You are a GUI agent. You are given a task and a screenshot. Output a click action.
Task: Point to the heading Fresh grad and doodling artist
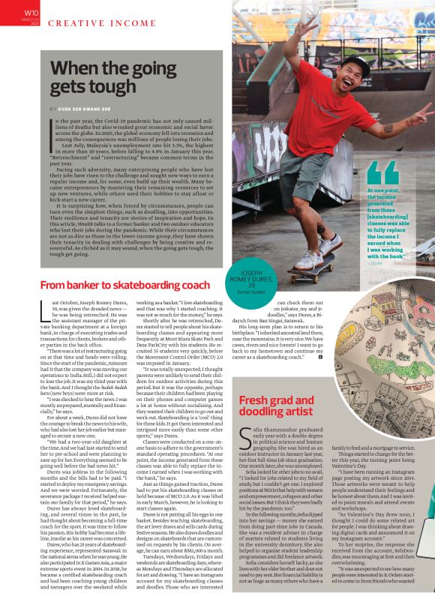[286, 407]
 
